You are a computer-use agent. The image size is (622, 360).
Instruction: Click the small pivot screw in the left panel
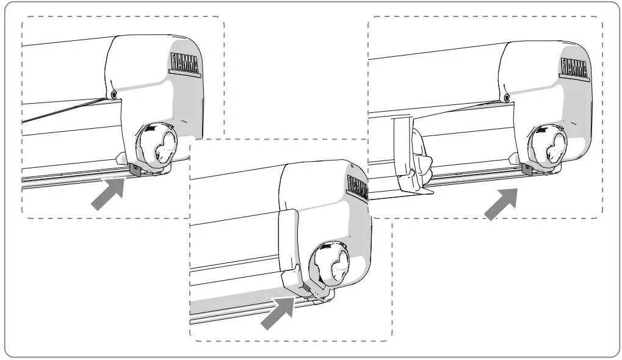[114, 93]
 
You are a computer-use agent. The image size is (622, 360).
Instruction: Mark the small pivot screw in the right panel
[506, 97]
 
